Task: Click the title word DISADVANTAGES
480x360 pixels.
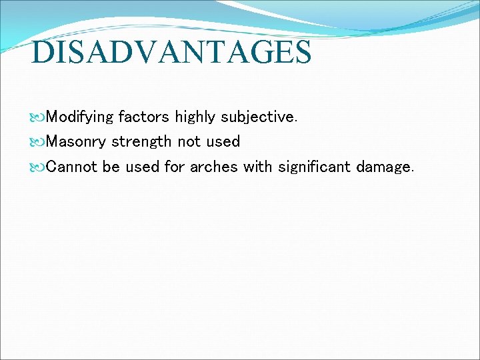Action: click(x=171, y=53)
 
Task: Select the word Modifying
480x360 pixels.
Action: click(x=80, y=117)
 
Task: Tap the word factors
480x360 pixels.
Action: click(x=143, y=117)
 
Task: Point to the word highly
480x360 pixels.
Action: click(x=195, y=117)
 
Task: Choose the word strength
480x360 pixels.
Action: click(x=141, y=141)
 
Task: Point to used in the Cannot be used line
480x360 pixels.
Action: click(x=142, y=166)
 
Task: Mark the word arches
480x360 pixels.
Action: click(x=213, y=166)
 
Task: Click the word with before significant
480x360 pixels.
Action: click(x=257, y=166)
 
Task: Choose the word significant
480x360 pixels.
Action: click(x=313, y=166)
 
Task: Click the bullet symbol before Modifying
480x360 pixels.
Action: click(x=38, y=118)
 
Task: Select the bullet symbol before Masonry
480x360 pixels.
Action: click(x=38, y=142)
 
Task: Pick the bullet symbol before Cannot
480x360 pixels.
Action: click(x=38, y=167)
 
